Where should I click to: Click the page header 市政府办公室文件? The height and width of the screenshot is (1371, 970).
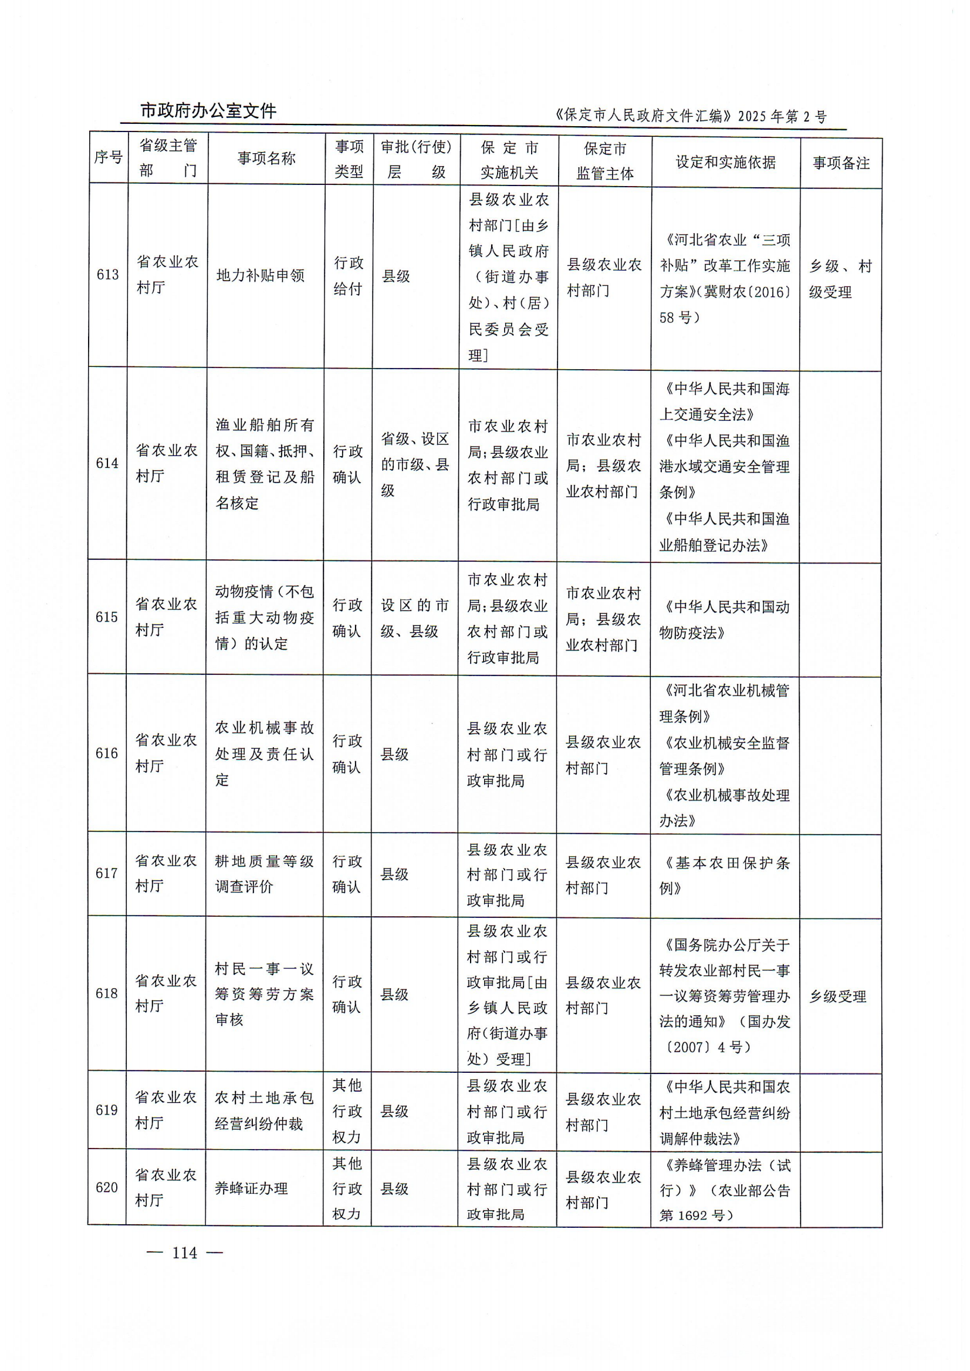coord(208,111)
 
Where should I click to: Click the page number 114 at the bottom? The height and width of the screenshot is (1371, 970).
coord(185,1252)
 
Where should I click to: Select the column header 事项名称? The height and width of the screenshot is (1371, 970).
coord(266,158)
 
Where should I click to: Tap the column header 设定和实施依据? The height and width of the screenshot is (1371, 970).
coord(725,163)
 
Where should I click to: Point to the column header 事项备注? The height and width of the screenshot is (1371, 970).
coord(840,163)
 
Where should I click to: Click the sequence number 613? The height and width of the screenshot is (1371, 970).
coord(107,275)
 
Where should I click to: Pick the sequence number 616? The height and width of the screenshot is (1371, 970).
coord(107,754)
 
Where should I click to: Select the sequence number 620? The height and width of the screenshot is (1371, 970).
coord(107,1188)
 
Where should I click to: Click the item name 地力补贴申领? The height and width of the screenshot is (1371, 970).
coord(261,275)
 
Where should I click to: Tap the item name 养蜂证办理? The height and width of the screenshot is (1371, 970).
coord(251,1188)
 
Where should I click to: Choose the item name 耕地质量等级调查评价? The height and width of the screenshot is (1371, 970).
coord(264,873)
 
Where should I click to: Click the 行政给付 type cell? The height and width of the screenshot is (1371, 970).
coord(348,275)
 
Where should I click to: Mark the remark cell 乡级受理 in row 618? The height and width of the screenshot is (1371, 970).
coord(837,997)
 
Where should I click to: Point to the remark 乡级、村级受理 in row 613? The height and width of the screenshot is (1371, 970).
coord(840,279)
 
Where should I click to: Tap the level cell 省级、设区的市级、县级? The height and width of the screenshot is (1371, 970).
coord(414,464)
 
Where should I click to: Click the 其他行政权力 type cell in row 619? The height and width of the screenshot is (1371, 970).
coord(347,1110)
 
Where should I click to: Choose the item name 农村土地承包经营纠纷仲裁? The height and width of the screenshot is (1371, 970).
coord(264,1110)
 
